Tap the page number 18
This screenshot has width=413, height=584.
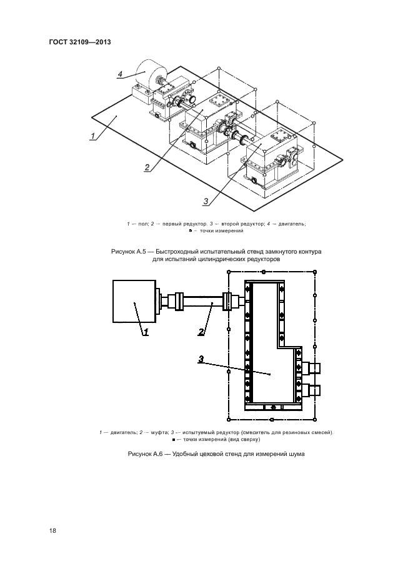[x=52, y=530]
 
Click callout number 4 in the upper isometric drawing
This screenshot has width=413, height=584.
[x=119, y=74]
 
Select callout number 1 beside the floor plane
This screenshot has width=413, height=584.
[x=92, y=135]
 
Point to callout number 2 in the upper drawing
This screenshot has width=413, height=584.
[x=146, y=167]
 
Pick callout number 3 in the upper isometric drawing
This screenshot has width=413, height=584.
[x=205, y=200]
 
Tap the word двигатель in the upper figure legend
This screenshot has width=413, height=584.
[x=289, y=224]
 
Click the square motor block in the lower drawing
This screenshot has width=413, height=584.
[x=134, y=302]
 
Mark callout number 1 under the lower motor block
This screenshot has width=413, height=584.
[x=146, y=333]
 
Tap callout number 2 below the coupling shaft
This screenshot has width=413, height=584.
[x=201, y=332]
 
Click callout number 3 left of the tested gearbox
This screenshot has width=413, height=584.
[x=201, y=359]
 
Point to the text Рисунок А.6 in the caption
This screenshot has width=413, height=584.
[x=145, y=455]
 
